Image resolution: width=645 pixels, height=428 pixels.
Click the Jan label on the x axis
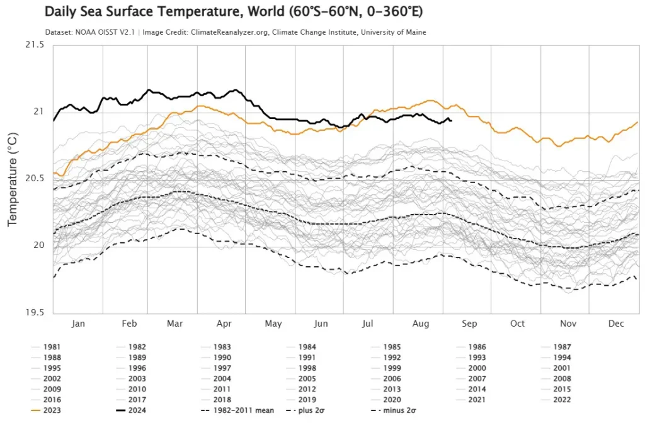tap(79, 324)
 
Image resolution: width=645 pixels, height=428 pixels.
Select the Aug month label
tap(420, 324)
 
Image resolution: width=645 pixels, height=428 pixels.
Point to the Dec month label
tap(616, 324)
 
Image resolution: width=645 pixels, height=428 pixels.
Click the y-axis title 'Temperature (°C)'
tap(12, 179)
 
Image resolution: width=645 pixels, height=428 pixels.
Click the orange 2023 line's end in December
tap(637, 122)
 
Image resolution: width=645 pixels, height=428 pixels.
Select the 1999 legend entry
tap(391, 368)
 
